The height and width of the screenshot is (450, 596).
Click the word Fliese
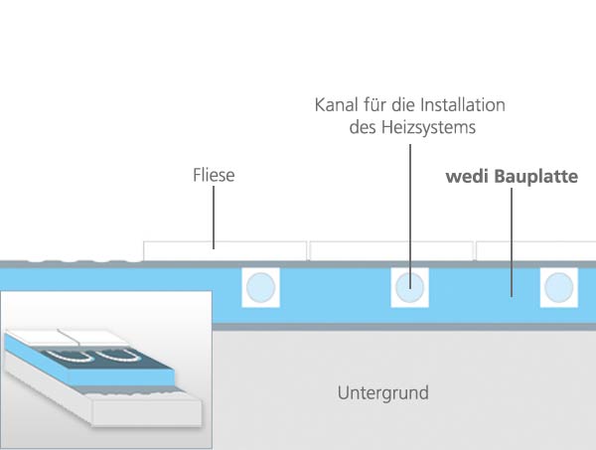[214, 176]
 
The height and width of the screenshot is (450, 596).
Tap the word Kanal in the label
[336, 105]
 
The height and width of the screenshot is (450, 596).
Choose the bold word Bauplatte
[542, 176]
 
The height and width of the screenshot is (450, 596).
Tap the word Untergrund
[382, 392]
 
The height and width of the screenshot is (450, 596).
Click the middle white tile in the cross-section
[390, 250]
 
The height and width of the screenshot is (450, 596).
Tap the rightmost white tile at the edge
[536, 250]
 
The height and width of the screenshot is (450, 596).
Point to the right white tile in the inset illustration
[94, 335]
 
